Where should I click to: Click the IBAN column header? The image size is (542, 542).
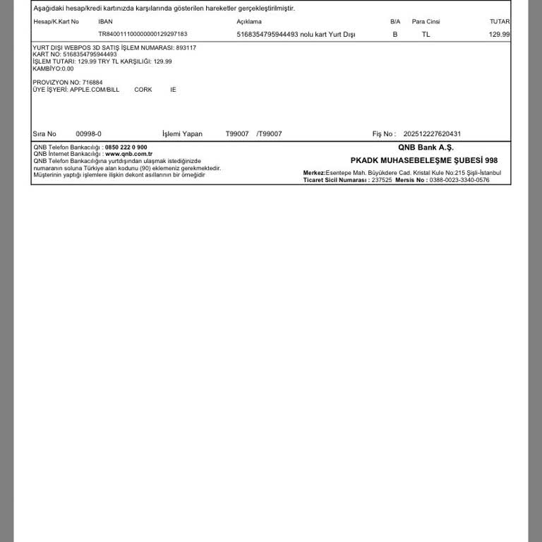pos(105,22)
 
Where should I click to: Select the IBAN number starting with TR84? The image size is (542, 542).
pos(143,34)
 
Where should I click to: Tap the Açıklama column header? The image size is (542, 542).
pos(248,22)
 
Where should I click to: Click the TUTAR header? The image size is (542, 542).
pos(499,22)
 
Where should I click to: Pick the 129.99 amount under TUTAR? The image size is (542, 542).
pos(499,34)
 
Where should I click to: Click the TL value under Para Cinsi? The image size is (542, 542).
pos(426,34)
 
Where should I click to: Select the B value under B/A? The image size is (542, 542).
pos(395,34)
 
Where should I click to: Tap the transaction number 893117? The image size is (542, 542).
pos(186,47)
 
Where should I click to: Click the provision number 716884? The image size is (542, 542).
pos(92,83)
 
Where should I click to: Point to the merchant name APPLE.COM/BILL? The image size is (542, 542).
pos(95,90)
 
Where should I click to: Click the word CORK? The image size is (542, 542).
pos(143,90)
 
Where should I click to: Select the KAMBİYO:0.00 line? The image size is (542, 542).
pos(53,68)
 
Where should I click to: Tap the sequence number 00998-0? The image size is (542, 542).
pos(89,134)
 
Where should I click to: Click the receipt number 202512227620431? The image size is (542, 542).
pos(432,134)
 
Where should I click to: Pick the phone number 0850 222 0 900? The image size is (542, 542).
pos(126,147)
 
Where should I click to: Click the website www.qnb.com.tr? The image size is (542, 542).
pos(128,154)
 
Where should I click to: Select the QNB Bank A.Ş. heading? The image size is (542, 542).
pos(426,147)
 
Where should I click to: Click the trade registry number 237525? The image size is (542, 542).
pos(381,180)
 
